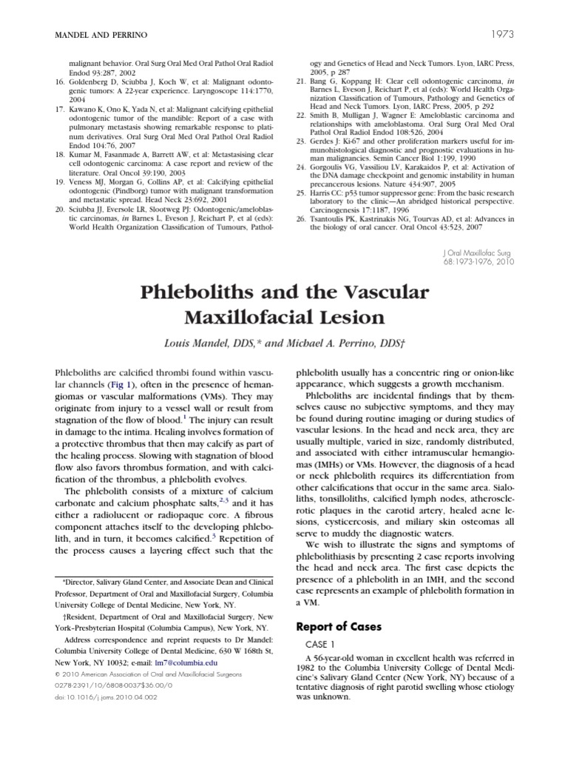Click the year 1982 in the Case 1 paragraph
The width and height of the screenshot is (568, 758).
click(x=307, y=670)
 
